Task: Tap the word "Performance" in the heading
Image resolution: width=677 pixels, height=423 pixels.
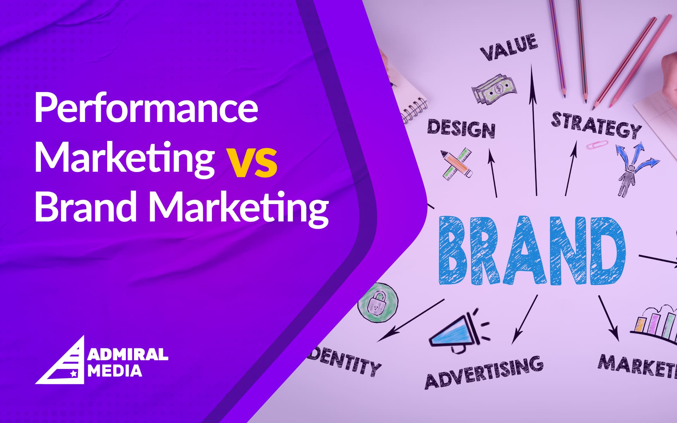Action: pos(146,108)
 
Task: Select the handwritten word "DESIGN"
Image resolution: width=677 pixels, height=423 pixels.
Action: pos(461,129)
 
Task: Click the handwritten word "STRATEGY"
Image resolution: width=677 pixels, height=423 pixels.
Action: pos(596,125)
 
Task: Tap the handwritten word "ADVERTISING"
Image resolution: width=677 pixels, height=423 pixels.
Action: pos(484,372)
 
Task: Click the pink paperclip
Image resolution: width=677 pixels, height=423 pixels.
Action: pos(597,145)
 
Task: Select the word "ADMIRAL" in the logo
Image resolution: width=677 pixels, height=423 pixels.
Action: pos(128,355)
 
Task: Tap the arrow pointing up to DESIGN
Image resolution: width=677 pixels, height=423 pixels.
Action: pos(493,173)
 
